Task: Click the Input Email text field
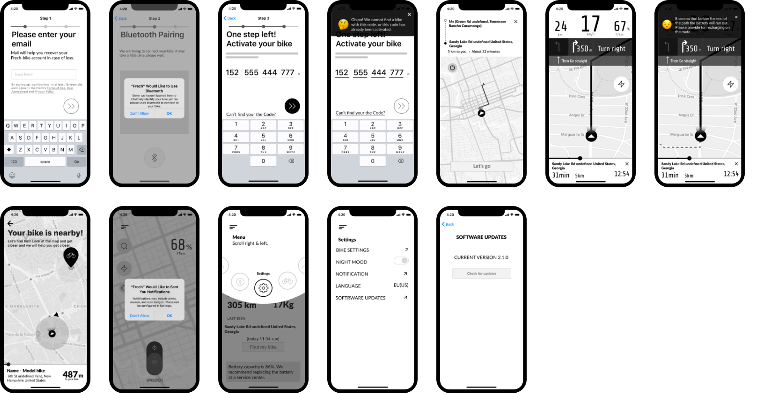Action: point(44,74)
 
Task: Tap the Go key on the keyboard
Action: point(76,162)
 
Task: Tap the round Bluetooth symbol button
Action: point(154,158)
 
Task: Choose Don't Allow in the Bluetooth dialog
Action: point(139,113)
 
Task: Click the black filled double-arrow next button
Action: point(292,106)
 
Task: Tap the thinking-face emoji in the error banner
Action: point(343,24)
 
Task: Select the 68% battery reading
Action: point(181,245)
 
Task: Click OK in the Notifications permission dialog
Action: point(169,315)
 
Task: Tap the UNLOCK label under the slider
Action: point(154,380)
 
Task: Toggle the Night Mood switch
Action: point(401,260)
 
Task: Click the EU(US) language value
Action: point(401,285)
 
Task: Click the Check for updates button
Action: point(481,274)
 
